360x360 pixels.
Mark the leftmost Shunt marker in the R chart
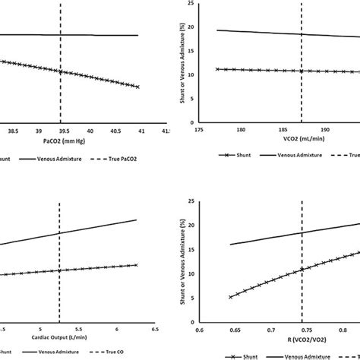tap(230, 297)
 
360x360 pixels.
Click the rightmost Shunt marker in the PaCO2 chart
tap(137, 87)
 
